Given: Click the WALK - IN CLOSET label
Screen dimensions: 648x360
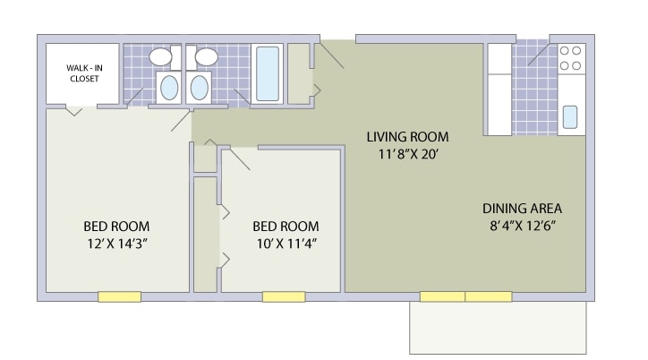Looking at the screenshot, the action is click(x=84, y=73).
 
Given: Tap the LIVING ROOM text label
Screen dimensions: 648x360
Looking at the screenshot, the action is click(x=407, y=137).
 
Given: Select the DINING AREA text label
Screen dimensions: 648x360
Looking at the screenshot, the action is click(x=522, y=209).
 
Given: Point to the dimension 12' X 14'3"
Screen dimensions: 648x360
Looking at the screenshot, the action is click(x=117, y=244).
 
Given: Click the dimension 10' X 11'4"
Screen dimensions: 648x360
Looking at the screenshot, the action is click(x=286, y=244).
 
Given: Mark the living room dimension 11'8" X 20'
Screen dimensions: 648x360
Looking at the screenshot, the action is click(x=408, y=155).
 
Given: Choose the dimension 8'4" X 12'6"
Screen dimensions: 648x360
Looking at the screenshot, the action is click(x=523, y=226).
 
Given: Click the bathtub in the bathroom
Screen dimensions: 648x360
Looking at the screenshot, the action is click(x=268, y=73).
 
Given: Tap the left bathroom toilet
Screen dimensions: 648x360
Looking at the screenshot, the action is click(x=169, y=87).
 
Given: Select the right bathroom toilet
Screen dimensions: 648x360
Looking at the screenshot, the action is click(x=200, y=87).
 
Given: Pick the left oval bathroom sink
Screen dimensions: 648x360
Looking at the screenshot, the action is click(x=160, y=56).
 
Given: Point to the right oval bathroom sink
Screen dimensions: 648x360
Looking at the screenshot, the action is click(x=207, y=56).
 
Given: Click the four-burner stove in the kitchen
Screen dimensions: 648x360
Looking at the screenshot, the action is click(x=571, y=58).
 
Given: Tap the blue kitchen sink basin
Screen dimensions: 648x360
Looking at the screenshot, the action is click(x=570, y=117).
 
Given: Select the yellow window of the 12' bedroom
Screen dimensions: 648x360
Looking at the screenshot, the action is click(x=119, y=296).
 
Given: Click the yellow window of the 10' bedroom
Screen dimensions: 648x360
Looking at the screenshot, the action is click(x=284, y=296).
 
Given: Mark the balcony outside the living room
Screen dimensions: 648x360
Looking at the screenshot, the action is click(x=498, y=328).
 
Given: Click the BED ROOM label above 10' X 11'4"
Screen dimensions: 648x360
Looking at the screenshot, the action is click(x=286, y=227).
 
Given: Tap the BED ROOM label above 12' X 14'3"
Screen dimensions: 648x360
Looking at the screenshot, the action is click(x=116, y=227).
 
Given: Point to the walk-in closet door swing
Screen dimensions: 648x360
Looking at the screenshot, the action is click(x=74, y=111).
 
